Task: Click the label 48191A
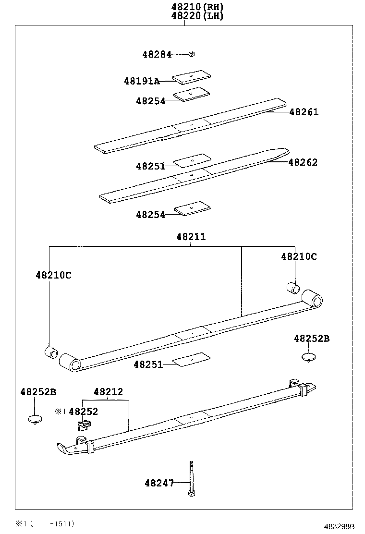(141, 81)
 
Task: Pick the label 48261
(304, 112)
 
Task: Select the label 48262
(303, 162)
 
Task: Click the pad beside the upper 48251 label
(192, 160)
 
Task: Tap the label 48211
(191, 237)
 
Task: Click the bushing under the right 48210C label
(293, 288)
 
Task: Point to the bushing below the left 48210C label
(51, 352)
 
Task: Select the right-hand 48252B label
(312, 339)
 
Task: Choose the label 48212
(108, 392)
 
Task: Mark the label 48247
(159, 483)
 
